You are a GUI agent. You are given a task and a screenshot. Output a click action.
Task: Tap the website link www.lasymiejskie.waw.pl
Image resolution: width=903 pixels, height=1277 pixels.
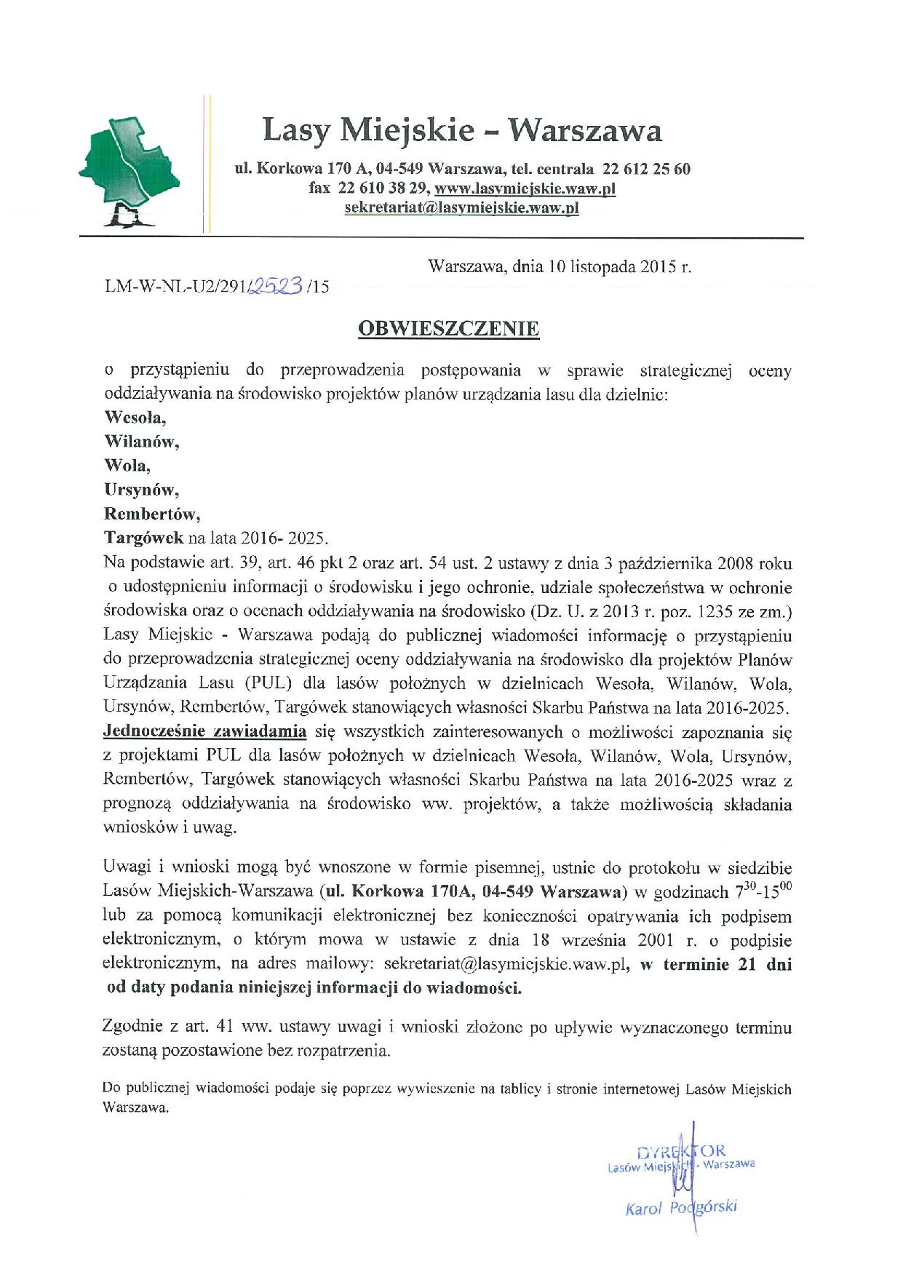pyautogui.click(x=525, y=188)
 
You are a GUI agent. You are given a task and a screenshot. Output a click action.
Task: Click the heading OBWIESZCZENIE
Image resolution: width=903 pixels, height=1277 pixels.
pyautogui.click(x=448, y=329)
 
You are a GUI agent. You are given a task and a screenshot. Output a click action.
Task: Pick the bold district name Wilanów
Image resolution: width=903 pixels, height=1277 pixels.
pyautogui.click(x=142, y=442)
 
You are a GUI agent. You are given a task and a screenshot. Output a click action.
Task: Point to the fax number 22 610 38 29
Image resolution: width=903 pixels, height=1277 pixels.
pyautogui.click(x=383, y=188)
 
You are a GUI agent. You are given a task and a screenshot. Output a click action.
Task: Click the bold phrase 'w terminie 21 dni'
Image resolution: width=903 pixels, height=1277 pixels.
pyautogui.click(x=717, y=965)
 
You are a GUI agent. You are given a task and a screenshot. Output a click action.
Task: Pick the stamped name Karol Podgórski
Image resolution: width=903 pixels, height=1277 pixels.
pyautogui.click(x=681, y=1209)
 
